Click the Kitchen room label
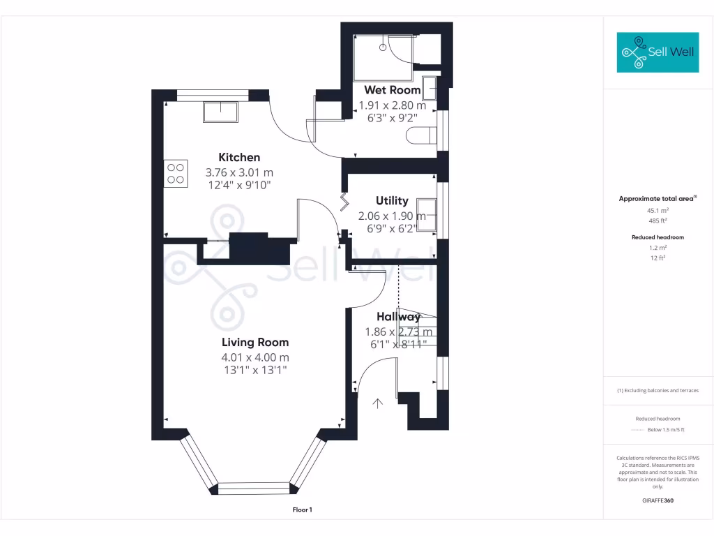point(239,158)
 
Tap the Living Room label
point(255,342)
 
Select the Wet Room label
point(393,90)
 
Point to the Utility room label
point(392,201)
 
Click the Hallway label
point(398,317)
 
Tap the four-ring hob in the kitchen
point(176,173)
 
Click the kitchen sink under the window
point(220,111)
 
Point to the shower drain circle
point(383,48)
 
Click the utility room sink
point(427,214)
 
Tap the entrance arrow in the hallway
point(379,403)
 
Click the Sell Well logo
point(658,52)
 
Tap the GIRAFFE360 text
point(658,500)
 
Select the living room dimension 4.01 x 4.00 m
point(255,357)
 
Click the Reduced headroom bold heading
point(658,237)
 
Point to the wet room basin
point(430,89)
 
